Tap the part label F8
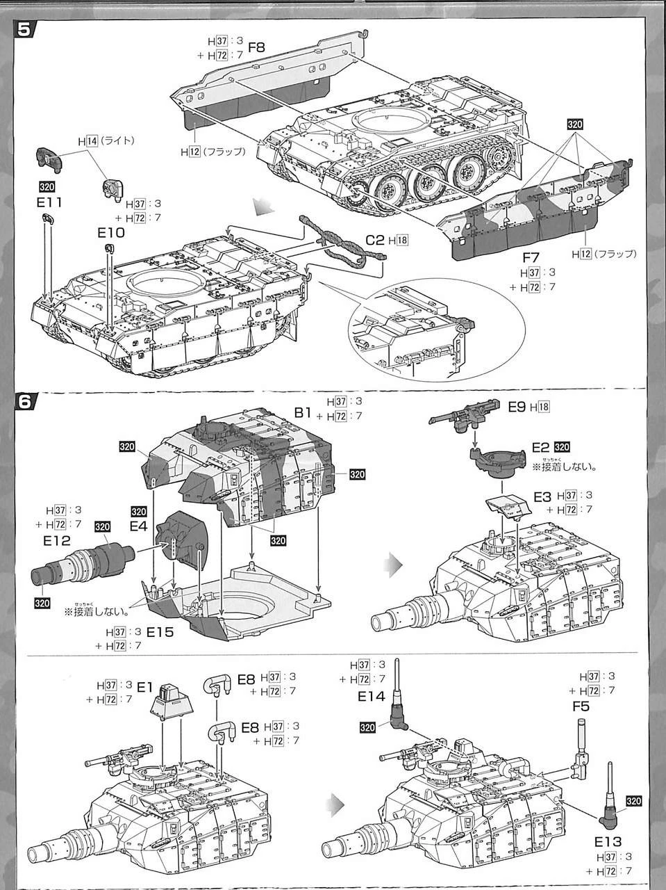tap(257, 49)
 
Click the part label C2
tap(375, 241)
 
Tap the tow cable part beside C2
tap(340, 243)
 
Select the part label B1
tap(303, 412)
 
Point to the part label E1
tap(144, 687)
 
